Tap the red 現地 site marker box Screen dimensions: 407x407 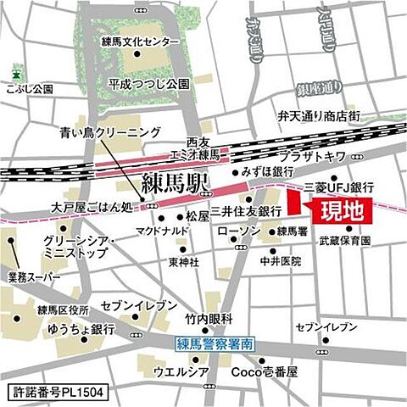(337, 209)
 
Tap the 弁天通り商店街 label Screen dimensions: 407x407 (319, 115)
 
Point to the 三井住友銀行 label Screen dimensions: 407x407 (246, 210)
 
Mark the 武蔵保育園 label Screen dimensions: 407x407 (345, 242)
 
